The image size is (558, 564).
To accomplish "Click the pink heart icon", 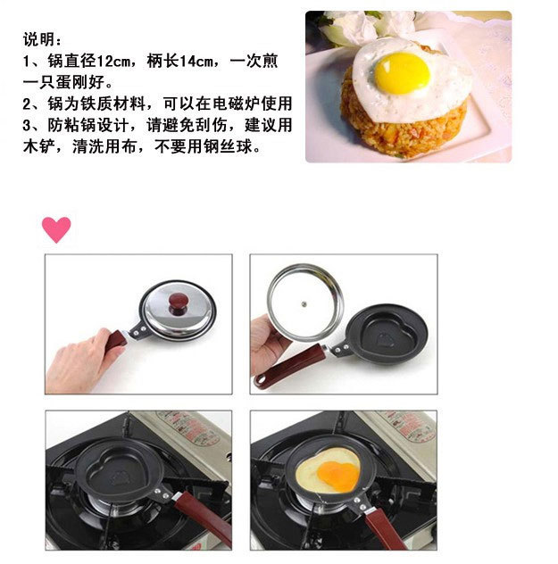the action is tap(56, 229).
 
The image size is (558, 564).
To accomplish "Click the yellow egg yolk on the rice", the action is tap(403, 73).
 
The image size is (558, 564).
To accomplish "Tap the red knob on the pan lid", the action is tap(178, 303).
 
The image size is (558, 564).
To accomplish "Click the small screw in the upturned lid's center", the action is tap(304, 304).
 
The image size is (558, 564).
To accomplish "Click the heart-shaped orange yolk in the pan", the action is tap(338, 476).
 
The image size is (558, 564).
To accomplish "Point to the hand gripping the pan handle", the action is tap(86, 361).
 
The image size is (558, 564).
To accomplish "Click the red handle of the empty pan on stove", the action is tap(204, 516).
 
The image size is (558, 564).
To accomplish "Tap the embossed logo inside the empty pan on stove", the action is tap(119, 477).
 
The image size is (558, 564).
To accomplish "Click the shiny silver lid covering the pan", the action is tap(178, 310).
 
